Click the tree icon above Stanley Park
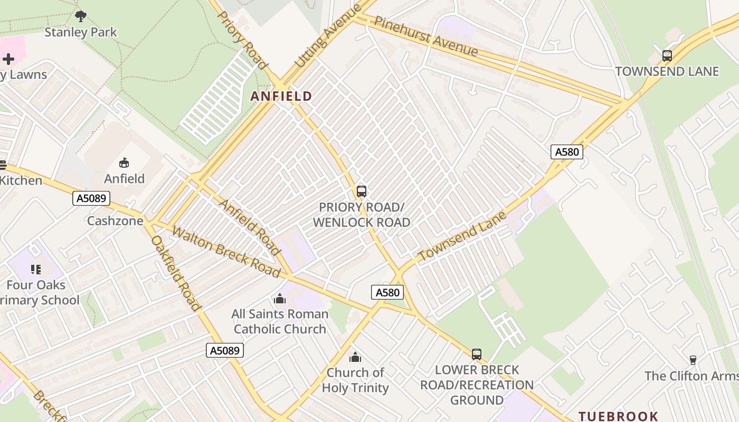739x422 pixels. click(81, 16)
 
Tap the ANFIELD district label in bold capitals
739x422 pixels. click(281, 96)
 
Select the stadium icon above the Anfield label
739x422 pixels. click(124, 163)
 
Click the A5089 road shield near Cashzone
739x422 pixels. click(91, 198)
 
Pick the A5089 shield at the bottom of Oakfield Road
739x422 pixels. click(225, 350)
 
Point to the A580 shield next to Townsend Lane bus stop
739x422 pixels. click(567, 152)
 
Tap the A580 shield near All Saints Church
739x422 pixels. click(387, 292)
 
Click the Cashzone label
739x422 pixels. click(115, 220)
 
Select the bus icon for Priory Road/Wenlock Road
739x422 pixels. click(362, 191)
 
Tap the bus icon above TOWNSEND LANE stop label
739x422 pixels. click(667, 56)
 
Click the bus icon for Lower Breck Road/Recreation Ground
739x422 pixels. click(477, 354)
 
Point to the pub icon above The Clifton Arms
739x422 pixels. click(693, 360)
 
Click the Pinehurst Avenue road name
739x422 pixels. click(426, 36)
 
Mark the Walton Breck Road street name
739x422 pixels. click(226, 252)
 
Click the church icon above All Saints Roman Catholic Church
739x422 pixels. click(280, 299)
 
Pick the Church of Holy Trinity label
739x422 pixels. click(355, 380)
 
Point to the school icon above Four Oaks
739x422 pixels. click(36, 270)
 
